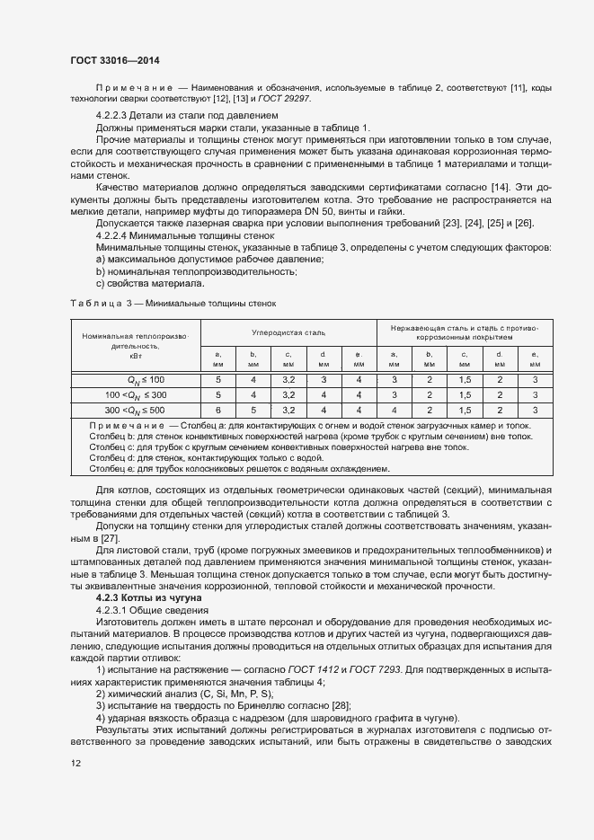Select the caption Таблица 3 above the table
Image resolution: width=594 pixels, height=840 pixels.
coord(169,304)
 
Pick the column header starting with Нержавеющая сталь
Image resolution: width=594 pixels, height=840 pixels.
coord(464,332)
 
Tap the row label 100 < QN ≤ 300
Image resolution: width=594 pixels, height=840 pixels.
coord(135,394)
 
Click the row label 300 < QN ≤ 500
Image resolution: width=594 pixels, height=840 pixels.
coord(135,409)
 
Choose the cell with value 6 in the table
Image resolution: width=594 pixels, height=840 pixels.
coord(217,409)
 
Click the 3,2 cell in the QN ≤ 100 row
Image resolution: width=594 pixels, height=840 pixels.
coord(288,381)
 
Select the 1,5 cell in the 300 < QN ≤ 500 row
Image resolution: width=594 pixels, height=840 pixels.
coord(465,409)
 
